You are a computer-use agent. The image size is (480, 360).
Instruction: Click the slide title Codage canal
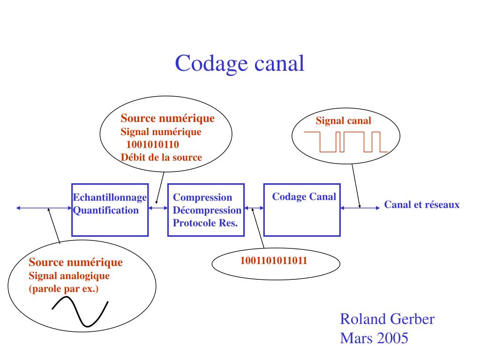[x=240, y=63]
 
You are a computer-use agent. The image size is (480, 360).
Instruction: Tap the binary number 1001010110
[x=152, y=144]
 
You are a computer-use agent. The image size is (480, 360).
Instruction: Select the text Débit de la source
[x=161, y=157]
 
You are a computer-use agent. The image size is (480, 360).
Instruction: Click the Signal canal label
[x=343, y=121]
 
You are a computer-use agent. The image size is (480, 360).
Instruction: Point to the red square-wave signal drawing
[x=346, y=142]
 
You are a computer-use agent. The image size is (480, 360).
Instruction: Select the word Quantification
[x=106, y=210]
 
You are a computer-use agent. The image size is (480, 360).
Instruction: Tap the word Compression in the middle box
[x=202, y=198]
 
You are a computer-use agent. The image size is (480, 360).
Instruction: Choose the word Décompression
[x=207, y=210]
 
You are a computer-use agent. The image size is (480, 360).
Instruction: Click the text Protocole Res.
[x=205, y=223]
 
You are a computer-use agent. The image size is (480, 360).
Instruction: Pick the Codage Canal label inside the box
[x=304, y=197]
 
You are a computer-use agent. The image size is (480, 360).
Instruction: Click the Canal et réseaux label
[x=422, y=205]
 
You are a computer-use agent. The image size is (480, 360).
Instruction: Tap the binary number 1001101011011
[x=274, y=261]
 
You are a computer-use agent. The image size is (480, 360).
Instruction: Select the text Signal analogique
[x=69, y=276]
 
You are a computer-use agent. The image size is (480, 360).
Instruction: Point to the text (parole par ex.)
[x=64, y=288]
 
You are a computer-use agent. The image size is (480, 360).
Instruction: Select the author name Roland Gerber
[x=387, y=320]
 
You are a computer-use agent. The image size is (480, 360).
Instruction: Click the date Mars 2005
[x=374, y=338]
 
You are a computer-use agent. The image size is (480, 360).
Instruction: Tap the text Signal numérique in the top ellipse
[x=161, y=132]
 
